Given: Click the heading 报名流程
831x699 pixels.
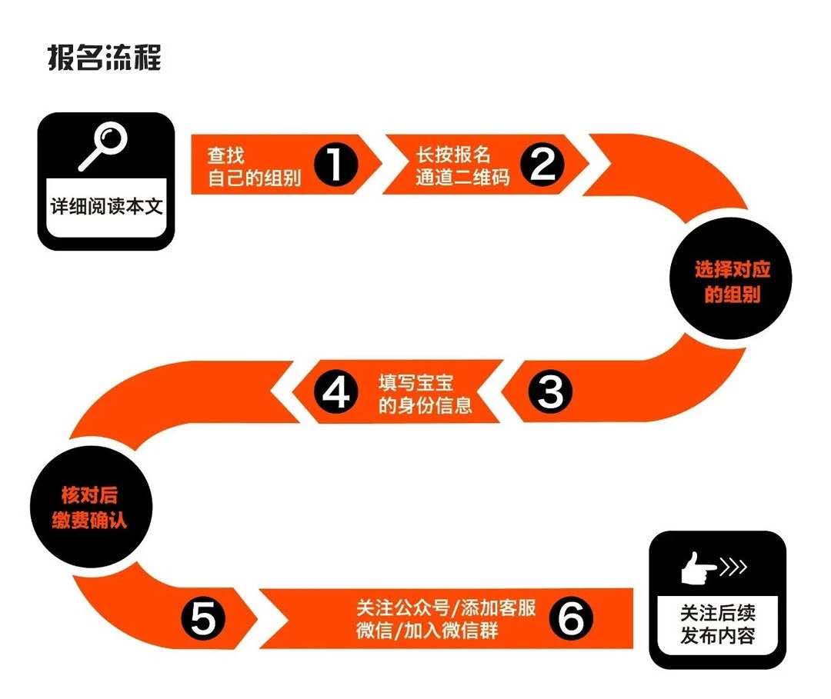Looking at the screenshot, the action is pyautogui.click(x=105, y=57).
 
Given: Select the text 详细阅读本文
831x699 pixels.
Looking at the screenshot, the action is pyautogui.click(x=106, y=206).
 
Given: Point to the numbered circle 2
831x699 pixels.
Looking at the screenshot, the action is pyautogui.click(x=542, y=164).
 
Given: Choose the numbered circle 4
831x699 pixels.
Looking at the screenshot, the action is pyautogui.click(x=336, y=392).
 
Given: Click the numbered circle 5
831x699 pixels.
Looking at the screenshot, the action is pyautogui.click(x=203, y=617).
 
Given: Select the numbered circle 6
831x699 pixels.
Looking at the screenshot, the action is pyautogui.click(x=571, y=617).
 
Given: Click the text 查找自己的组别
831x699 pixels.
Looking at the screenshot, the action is pyautogui.click(x=255, y=166).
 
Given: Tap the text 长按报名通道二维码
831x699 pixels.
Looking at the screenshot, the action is pyautogui.click(x=462, y=165).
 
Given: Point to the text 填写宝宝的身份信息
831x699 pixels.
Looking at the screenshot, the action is pyautogui.click(x=425, y=394).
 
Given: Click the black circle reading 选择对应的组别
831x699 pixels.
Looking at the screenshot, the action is pyautogui.click(x=732, y=279).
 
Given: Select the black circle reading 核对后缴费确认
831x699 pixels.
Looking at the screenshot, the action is pyautogui.click(x=91, y=506).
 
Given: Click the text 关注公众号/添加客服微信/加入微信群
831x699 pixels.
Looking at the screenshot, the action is pyautogui.click(x=446, y=618).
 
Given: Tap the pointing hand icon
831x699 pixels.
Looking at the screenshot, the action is pyautogui.click(x=699, y=568).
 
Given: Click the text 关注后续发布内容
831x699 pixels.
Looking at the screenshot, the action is pyautogui.click(x=718, y=624).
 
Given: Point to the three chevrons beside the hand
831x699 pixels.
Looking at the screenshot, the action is pyautogui.click(x=734, y=568).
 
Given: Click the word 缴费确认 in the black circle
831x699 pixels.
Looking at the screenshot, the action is pyautogui.click(x=89, y=520).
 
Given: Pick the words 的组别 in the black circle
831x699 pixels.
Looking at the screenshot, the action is pyautogui.click(x=733, y=294).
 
